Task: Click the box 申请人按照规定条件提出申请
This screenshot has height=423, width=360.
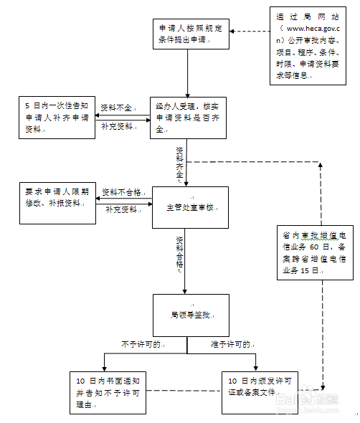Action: point(188,32)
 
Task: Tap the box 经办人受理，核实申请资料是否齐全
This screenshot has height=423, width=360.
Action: point(188,118)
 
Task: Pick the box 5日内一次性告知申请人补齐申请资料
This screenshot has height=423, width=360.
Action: point(57,117)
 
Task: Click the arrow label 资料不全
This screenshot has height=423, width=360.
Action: point(116,107)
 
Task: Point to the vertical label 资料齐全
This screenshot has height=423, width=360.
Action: point(180,162)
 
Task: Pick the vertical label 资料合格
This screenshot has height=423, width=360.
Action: point(180,252)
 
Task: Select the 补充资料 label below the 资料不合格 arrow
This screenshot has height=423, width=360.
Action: point(122,210)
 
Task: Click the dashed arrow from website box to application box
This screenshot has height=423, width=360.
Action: point(246,32)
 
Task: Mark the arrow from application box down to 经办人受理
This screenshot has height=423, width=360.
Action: point(188,72)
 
